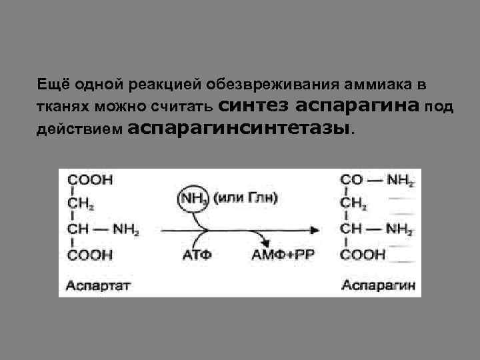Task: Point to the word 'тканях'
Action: point(62,107)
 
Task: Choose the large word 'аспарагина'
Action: point(357,105)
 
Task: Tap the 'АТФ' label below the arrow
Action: point(194,254)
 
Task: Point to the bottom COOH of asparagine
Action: point(363,254)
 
